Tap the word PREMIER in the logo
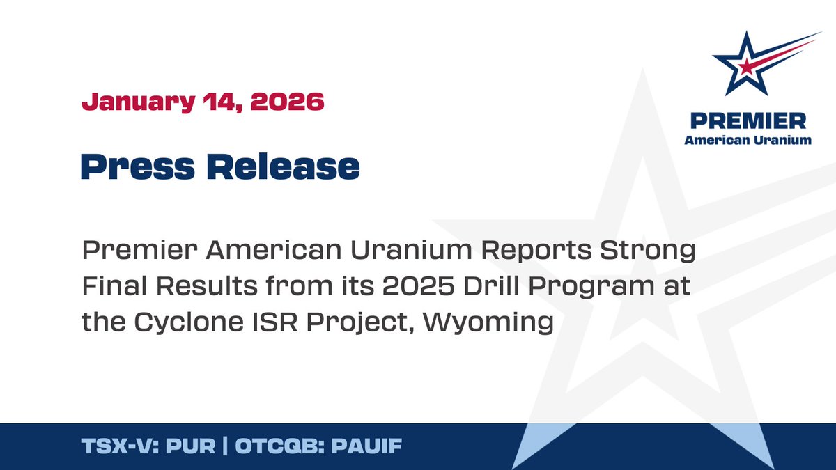click(x=748, y=121)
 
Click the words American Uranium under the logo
click(x=748, y=140)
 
